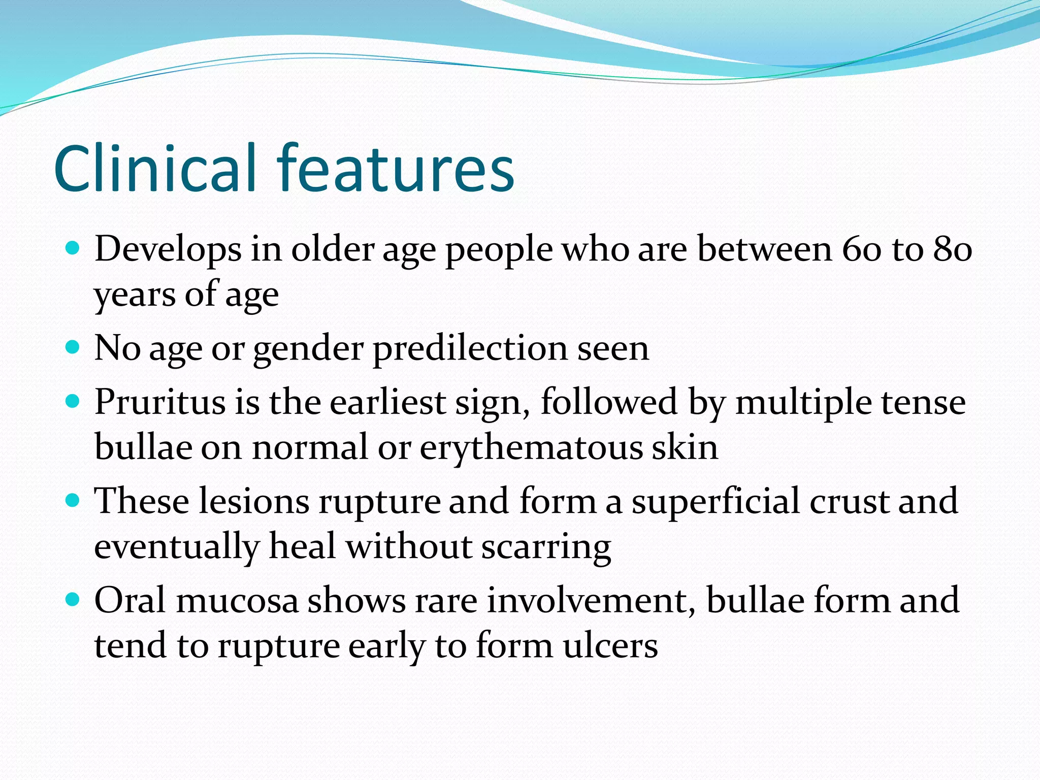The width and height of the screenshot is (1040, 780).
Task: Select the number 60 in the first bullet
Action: click(x=861, y=250)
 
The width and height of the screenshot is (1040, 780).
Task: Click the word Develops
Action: click(x=168, y=250)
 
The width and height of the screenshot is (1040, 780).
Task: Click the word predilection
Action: click(x=470, y=349)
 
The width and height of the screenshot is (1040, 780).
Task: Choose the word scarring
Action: click(x=546, y=547)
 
